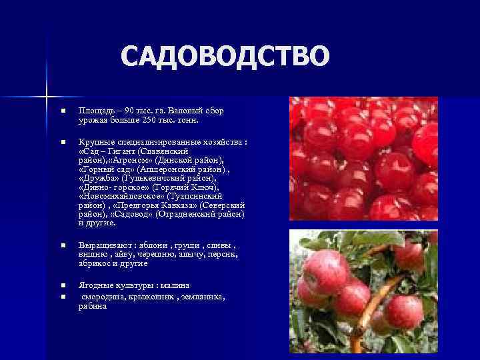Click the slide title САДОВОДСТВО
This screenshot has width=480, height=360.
tap(225, 57)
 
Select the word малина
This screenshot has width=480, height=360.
tap(174, 285)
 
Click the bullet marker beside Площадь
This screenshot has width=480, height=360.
tap(61, 110)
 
